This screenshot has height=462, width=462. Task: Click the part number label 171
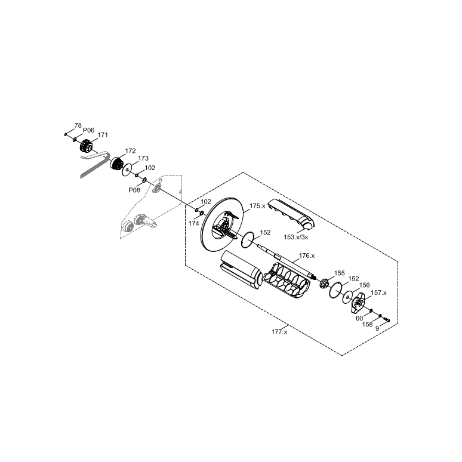(x=103, y=135)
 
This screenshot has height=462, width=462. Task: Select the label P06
(x=88, y=130)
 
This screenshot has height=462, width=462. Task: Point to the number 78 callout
(x=78, y=125)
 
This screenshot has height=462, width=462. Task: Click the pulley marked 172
(x=116, y=165)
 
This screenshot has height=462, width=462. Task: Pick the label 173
(x=143, y=159)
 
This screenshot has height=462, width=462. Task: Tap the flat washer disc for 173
(x=127, y=171)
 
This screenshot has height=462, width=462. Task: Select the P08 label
(x=134, y=190)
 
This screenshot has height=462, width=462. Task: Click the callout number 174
(x=194, y=223)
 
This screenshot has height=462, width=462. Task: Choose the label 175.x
(x=258, y=206)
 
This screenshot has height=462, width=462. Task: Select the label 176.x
(x=307, y=255)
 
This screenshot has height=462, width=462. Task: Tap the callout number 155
(x=339, y=273)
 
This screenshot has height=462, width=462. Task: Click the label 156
(x=364, y=285)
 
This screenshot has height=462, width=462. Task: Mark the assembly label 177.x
(x=279, y=332)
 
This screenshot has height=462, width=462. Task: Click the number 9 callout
(x=377, y=328)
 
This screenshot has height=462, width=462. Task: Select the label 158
(x=368, y=325)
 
